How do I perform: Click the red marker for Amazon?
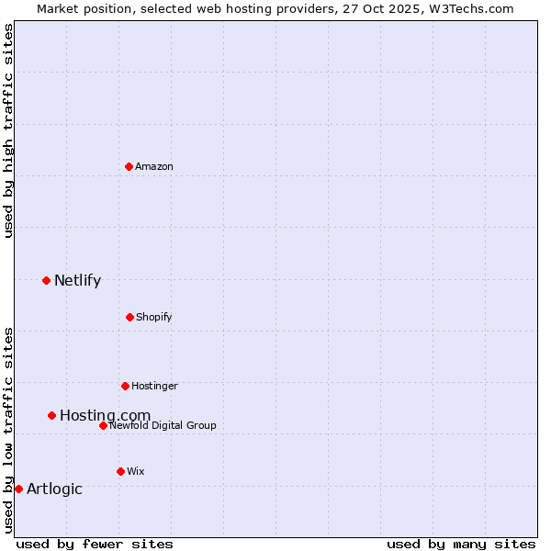tap(129, 166)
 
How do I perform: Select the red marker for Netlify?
tap(46, 280)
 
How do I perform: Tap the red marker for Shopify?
tap(129, 317)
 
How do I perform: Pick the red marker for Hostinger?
tap(125, 386)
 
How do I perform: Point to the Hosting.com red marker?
tap(51, 415)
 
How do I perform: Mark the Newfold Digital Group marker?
tap(103, 425)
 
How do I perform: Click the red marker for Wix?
tap(120, 471)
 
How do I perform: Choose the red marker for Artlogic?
tap(18, 489)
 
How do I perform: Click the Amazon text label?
tap(154, 166)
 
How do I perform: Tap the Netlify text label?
tap(77, 281)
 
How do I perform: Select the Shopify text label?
tap(154, 317)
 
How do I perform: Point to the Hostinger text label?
tap(154, 386)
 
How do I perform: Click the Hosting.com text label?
tap(105, 416)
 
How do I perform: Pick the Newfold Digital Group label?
tap(163, 425)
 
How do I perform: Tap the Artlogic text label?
tap(54, 489)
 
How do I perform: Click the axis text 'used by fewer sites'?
tap(95, 544)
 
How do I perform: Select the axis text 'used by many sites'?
tap(461, 544)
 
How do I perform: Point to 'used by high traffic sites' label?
tap(8, 130)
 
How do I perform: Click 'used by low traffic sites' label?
tap(8, 430)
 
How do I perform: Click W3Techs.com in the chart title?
tap(469, 8)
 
